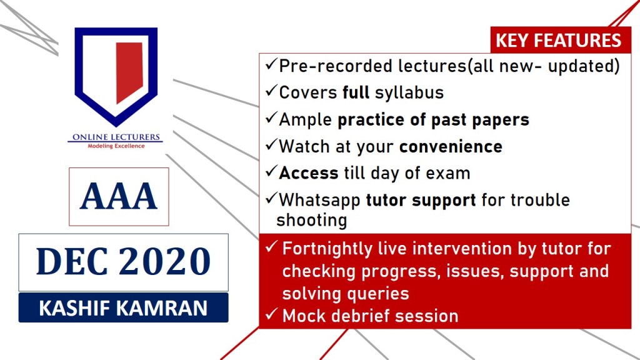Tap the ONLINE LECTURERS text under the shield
pyautogui.click(x=116, y=137)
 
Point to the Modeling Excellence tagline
pyautogui.click(x=116, y=146)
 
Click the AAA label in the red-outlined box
pyautogui.click(x=119, y=196)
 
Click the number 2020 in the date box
pyautogui.click(x=165, y=261)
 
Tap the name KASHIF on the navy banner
pyautogui.click(x=74, y=308)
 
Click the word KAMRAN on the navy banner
pyautogui.click(x=162, y=308)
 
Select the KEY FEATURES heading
pyautogui.click(x=558, y=41)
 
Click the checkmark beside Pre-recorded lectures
pyautogui.click(x=271, y=64)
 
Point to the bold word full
pyautogui.click(x=356, y=92)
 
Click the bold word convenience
pyautogui.click(x=451, y=147)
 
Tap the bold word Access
pyautogui.click(x=309, y=174)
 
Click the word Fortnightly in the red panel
pyautogui.click(x=327, y=249)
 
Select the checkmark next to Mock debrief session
pyautogui.click(x=271, y=314)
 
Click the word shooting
pyautogui.click(x=312, y=221)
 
